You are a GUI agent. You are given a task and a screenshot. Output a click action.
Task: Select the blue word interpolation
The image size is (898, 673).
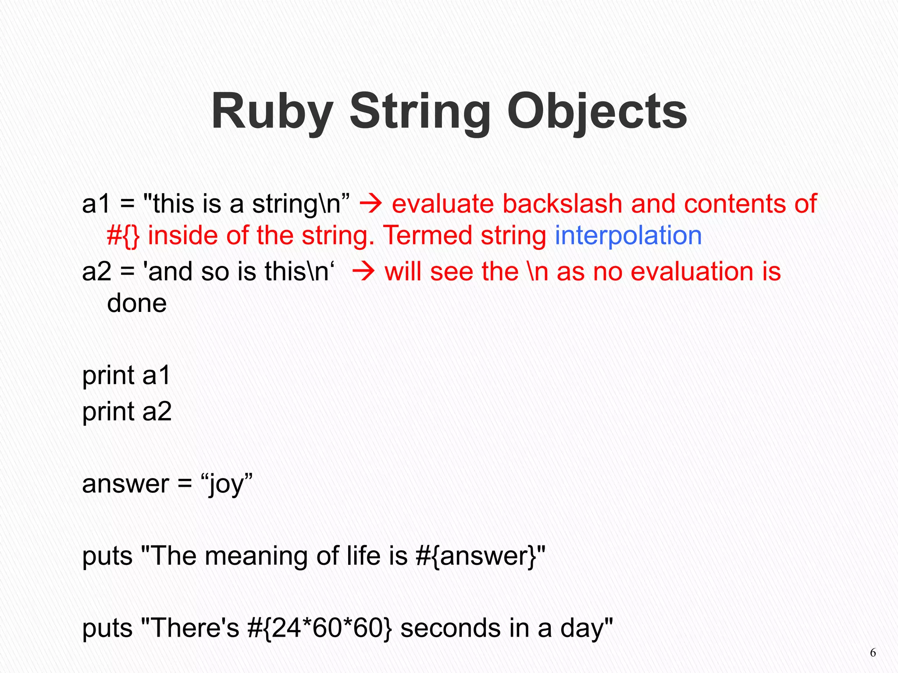click(x=628, y=236)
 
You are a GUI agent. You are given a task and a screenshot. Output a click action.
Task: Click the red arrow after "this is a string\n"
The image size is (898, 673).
click(x=371, y=204)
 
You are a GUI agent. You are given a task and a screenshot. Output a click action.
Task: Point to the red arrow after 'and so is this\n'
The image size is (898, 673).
click(x=363, y=272)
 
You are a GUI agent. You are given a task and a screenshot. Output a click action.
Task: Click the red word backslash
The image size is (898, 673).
click(x=563, y=204)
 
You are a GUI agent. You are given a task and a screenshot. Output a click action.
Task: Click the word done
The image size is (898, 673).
click(x=137, y=303)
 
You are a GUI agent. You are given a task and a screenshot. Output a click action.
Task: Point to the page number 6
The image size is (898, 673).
click(x=873, y=653)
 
